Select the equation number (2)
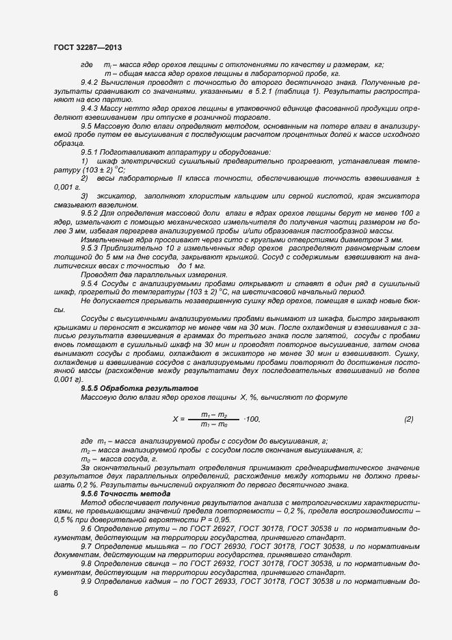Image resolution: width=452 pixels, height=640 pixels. (x=408, y=419)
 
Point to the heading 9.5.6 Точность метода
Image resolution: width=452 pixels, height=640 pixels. (x=116, y=494)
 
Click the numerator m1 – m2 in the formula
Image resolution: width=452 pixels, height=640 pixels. (x=214, y=414)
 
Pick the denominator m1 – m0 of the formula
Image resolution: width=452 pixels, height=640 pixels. (x=214, y=424)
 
